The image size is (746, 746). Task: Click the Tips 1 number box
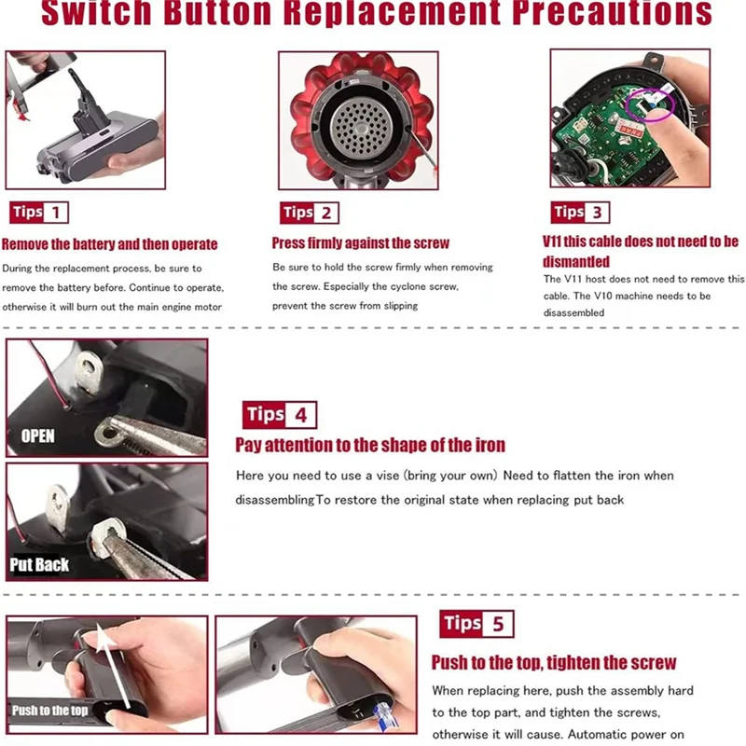(56, 213)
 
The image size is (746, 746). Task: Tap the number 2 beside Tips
(326, 213)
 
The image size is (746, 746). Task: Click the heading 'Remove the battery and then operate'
(110, 244)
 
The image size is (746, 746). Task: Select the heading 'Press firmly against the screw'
(361, 242)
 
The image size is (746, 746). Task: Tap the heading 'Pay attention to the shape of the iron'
(370, 445)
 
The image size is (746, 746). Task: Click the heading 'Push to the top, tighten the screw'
(554, 663)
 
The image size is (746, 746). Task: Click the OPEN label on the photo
(38, 435)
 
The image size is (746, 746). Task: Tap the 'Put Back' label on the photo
(39, 565)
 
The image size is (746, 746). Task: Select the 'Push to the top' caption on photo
(50, 711)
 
